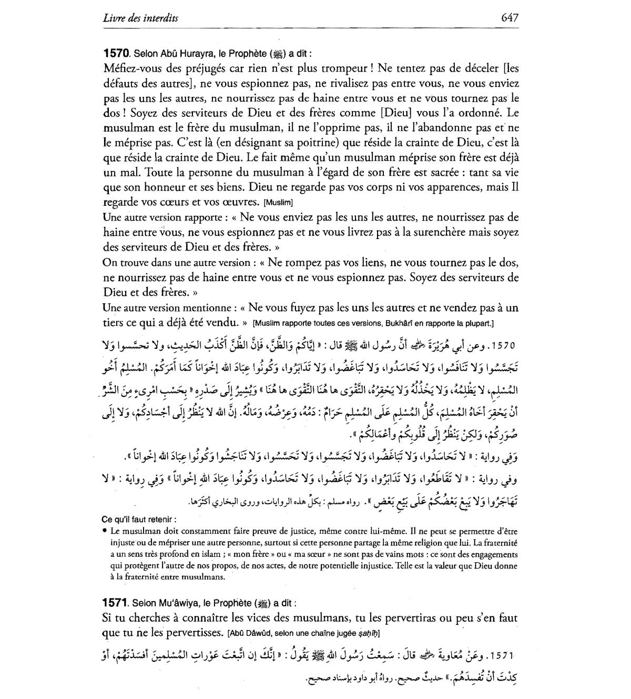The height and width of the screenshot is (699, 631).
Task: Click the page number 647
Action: (510, 17)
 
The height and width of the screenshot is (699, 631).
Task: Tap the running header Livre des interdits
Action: (140, 18)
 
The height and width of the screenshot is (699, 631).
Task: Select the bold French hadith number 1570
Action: (116, 53)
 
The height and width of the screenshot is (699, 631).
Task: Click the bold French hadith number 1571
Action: (116, 602)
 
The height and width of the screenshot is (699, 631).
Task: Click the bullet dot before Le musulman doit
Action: (105, 531)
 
